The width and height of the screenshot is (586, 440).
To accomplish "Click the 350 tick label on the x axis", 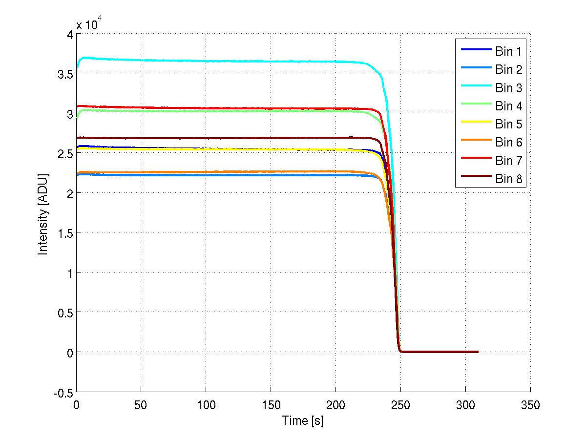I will (x=530, y=405).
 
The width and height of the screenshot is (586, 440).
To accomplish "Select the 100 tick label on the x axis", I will (x=206, y=405).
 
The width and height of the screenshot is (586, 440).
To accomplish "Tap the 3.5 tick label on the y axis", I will (x=65, y=74).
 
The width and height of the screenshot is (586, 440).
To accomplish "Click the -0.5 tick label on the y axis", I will (x=64, y=392).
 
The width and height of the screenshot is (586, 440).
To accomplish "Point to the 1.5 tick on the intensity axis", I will (x=65, y=233).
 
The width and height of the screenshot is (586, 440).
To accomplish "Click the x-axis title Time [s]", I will (x=303, y=420).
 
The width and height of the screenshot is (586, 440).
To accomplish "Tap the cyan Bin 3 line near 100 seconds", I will (x=206, y=61).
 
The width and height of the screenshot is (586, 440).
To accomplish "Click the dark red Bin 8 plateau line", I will (x=220, y=138).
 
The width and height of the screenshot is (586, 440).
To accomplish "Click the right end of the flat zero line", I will (x=477, y=352).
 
